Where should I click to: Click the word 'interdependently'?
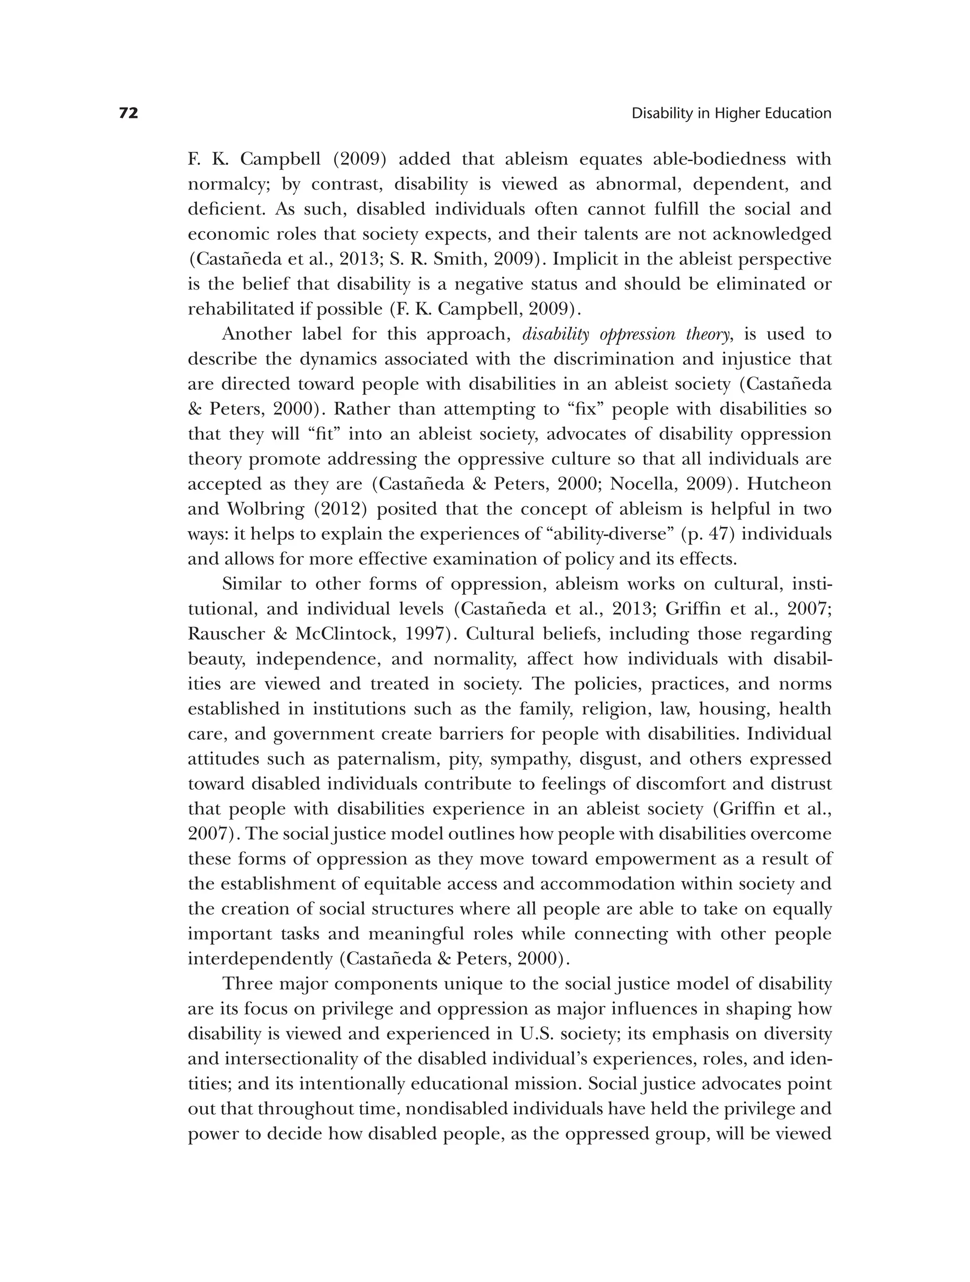click(259, 959)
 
